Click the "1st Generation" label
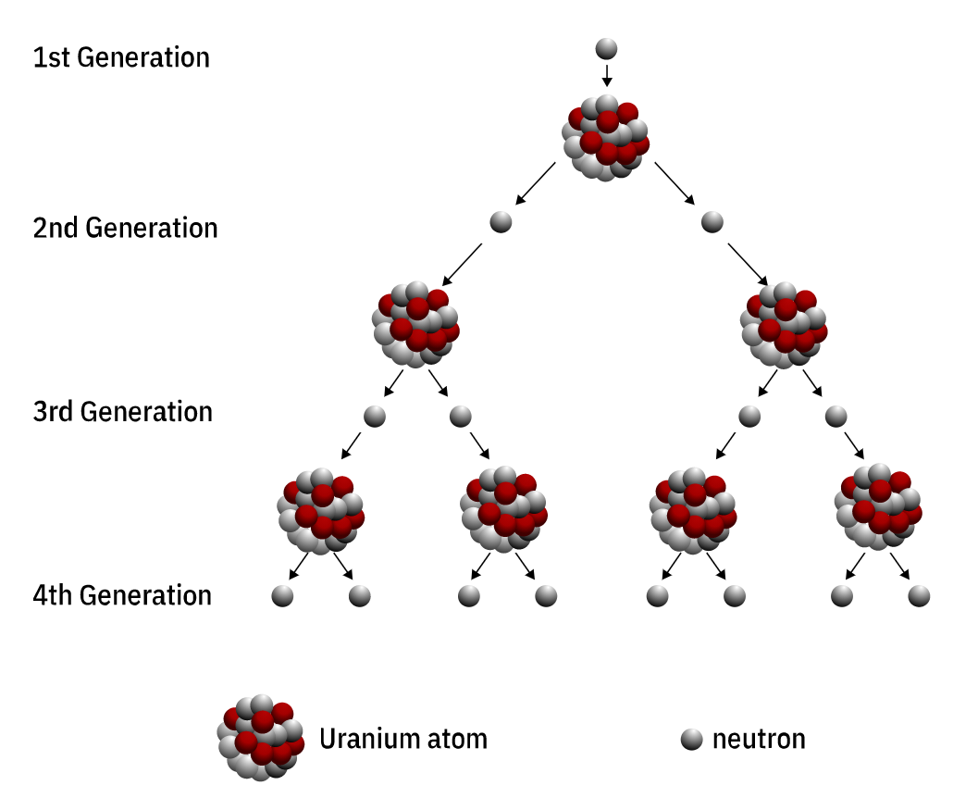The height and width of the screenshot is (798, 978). (x=121, y=57)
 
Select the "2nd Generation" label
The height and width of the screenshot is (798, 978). (x=125, y=228)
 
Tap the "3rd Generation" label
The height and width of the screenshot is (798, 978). (x=122, y=411)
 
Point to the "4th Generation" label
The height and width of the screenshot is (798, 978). (x=122, y=594)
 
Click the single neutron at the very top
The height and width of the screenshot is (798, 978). (x=606, y=48)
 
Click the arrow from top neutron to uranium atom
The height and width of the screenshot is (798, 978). (x=606, y=75)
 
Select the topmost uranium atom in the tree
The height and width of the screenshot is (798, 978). (x=606, y=137)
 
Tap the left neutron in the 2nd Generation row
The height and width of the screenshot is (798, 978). (x=501, y=222)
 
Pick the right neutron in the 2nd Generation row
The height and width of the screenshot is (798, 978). (x=712, y=222)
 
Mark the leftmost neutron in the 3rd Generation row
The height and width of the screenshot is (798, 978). (x=374, y=416)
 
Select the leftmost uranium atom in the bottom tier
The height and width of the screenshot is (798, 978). (x=320, y=510)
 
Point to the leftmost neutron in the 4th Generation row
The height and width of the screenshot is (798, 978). (x=282, y=596)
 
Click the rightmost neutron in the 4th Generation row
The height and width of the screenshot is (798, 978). (x=919, y=596)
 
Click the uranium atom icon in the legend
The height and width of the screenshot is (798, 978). (x=262, y=738)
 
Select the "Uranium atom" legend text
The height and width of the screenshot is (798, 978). (x=402, y=739)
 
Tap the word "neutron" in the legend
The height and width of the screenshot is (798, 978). (x=759, y=739)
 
